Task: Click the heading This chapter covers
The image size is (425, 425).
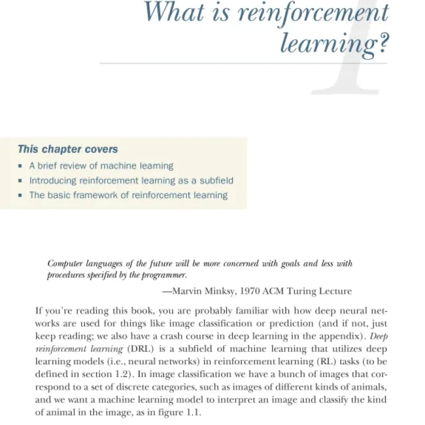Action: coord(68,149)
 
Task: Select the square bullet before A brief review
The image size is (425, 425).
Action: coord(20,166)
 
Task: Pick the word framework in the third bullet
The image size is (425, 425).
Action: coord(97,195)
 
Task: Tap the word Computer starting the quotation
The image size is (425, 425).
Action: coord(65,263)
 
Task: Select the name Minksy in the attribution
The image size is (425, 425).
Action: coord(222,291)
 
